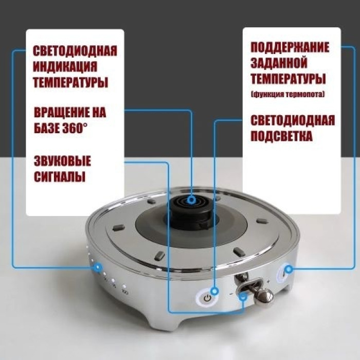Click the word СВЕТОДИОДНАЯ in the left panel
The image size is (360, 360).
click(75, 52)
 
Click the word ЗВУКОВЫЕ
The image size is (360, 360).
click(62, 161)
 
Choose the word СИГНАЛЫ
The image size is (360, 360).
click(59, 177)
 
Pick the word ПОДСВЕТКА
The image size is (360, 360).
click(281, 137)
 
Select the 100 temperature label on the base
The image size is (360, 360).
click(124, 292)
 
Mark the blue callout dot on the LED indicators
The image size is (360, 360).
click(97, 267)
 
